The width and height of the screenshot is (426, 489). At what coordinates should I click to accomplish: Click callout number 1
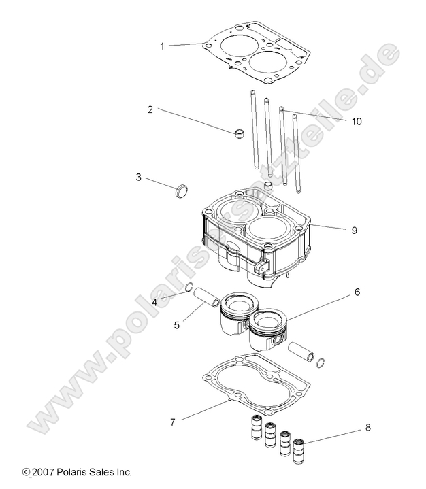coord(162,46)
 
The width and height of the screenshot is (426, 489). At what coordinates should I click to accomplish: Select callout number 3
coord(138,178)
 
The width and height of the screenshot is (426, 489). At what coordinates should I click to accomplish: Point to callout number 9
coord(354,230)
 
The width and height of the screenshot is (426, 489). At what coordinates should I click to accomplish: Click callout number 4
coord(154,302)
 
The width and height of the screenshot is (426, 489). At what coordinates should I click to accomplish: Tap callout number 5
coord(176,325)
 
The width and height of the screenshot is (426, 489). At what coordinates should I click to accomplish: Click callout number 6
coord(357,292)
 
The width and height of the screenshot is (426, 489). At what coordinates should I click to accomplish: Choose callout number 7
coord(173,422)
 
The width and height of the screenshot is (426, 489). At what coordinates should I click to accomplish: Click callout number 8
coord(367,428)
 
